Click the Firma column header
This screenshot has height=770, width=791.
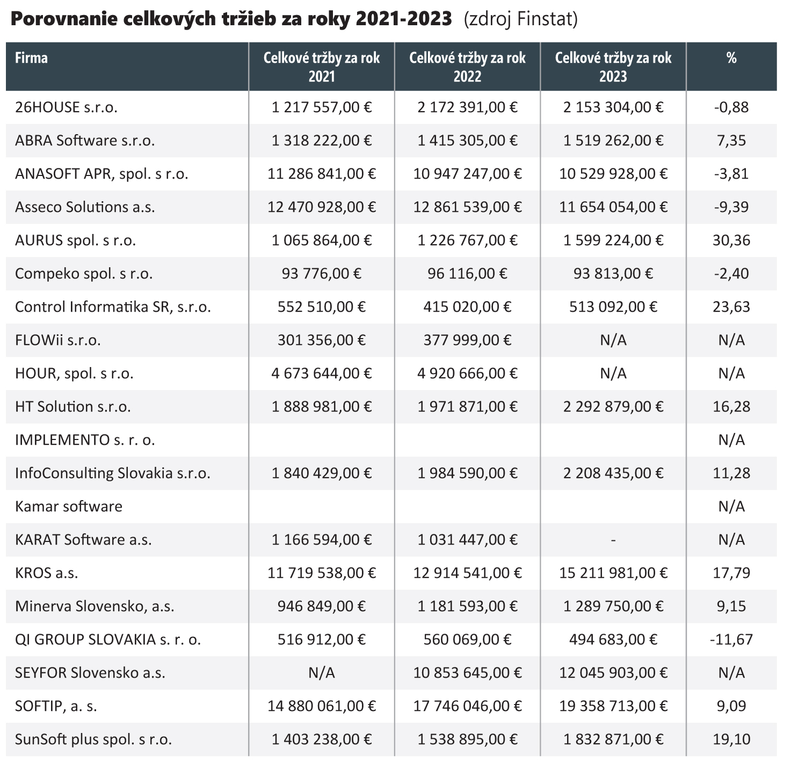[x=31, y=58]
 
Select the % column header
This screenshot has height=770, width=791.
[x=731, y=58]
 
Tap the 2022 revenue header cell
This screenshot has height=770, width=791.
[x=467, y=67]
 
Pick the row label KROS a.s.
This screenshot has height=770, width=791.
[x=47, y=573]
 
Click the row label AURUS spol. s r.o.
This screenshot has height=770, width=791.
[x=75, y=240]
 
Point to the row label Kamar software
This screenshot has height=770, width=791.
[x=69, y=507]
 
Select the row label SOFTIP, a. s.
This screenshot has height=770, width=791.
[x=56, y=706]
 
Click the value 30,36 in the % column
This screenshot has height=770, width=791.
[x=731, y=240]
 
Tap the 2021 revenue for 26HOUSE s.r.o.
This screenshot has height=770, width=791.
[x=322, y=107]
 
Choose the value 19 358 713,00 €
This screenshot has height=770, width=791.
[x=613, y=706]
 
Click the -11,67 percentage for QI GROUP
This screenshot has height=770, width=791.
[x=731, y=640]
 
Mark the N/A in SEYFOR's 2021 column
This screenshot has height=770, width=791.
[x=322, y=673]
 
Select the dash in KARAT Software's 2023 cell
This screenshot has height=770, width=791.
[x=613, y=540]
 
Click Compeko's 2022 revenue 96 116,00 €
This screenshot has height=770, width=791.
[x=467, y=274]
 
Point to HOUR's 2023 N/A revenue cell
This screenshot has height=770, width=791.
[x=613, y=373]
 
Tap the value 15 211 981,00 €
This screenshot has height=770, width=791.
[x=613, y=573]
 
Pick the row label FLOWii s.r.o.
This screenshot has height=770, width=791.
[x=58, y=340]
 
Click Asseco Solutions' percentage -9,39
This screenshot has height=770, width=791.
[x=731, y=207]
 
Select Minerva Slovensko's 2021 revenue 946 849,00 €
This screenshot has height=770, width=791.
[x=322, y=606]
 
